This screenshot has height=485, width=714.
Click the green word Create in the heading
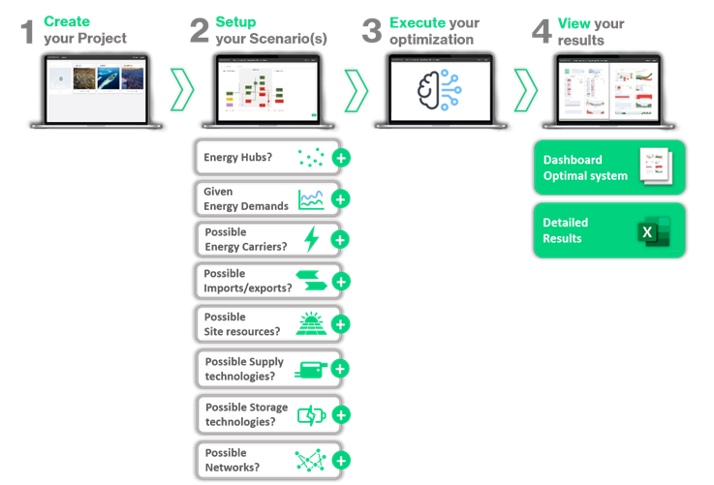click(67, 21)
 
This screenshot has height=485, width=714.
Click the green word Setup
click(235, 21)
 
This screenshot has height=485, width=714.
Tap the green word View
click(574, 21)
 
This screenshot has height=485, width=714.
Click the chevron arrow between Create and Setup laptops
click(181, 89)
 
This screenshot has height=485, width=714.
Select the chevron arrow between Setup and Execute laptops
click(356, 89)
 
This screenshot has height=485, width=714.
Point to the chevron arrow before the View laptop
click(526, 89)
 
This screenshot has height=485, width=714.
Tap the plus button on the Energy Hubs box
click(340, 159)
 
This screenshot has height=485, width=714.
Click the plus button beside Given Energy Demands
click(340, 199)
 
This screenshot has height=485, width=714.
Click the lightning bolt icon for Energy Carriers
click(311, 240)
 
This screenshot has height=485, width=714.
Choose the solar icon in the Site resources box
click(310, 323)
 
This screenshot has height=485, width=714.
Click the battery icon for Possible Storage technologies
click(310, 414)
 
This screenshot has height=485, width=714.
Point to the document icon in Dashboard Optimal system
click(655, 167)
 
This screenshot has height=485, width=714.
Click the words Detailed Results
click(565, 230)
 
